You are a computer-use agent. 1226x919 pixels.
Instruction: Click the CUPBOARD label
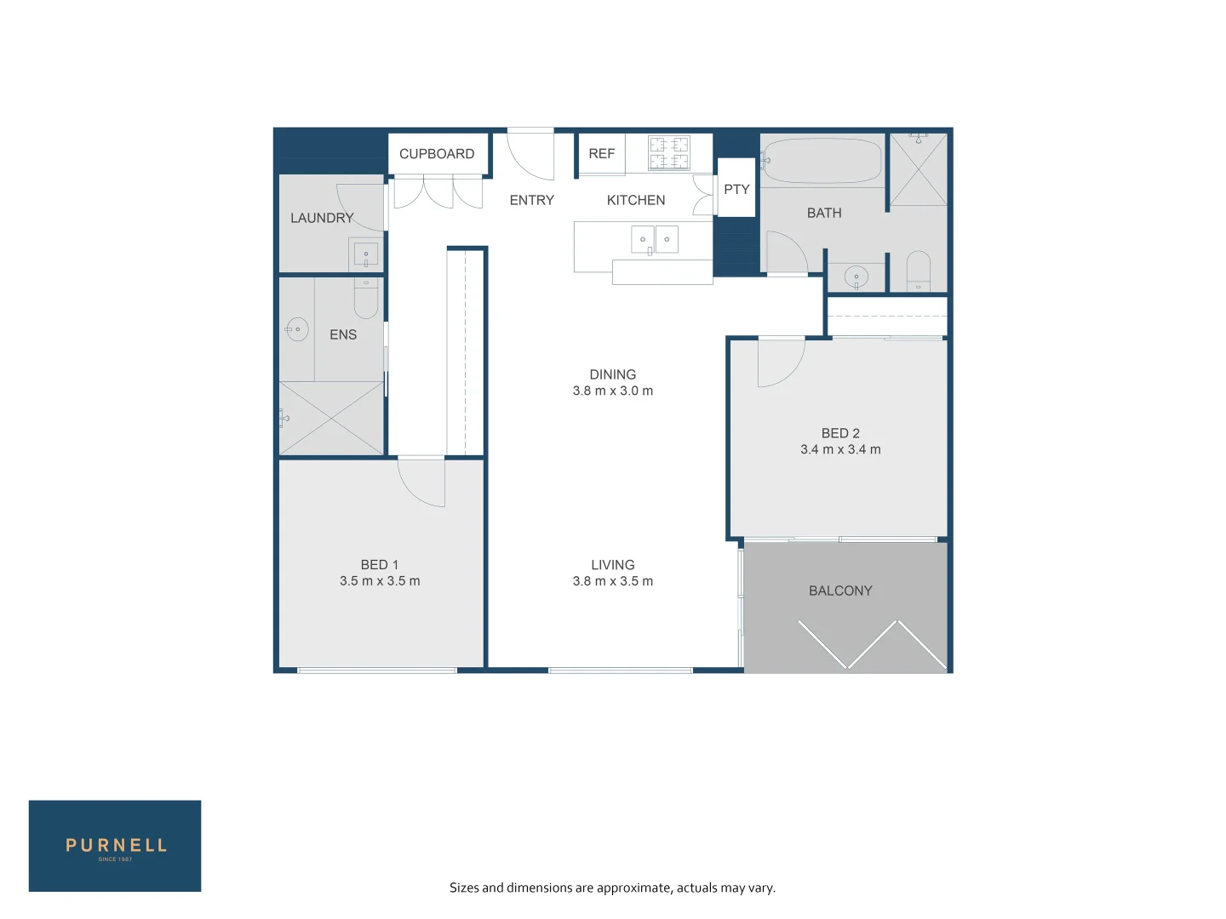click(437, 154)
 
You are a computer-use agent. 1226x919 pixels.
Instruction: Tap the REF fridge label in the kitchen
click(601, 154)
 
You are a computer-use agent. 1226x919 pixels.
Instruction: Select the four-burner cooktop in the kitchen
click(669, 153)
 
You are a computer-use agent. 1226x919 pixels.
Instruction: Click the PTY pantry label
click(736, 190)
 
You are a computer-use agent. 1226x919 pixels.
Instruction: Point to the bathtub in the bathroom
click(822, 161)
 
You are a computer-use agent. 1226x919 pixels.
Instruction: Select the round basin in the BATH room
click(856, 277)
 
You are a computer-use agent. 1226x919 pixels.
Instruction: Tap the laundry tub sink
click(366, 254)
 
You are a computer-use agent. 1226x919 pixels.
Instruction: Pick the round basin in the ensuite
click(297, 329)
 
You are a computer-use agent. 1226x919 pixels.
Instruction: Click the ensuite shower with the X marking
click(331, 418)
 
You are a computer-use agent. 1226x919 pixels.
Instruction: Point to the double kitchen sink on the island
click(654, 240)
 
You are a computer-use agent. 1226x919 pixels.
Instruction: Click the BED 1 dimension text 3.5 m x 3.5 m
click(380, 581)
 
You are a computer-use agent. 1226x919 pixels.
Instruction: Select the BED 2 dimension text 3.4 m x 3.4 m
click(840, 449)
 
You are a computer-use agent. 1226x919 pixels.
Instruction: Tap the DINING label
click(612, 374)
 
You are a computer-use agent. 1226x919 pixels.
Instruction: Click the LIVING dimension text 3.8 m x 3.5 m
click(612, 581)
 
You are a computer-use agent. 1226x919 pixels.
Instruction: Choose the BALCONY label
click(840, 591)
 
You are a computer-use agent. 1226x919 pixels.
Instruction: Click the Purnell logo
click(115, 846)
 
